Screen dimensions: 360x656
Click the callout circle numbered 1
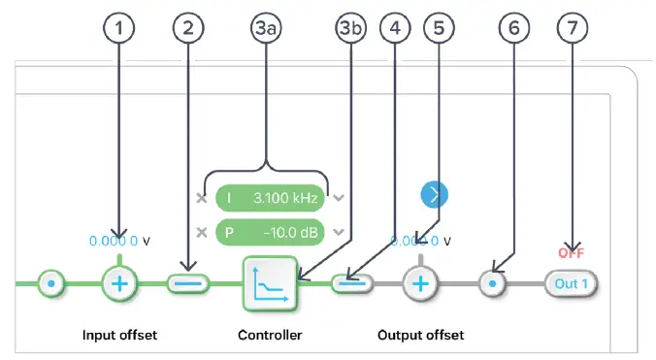point(119,29)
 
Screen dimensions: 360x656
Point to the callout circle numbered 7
point(574,29)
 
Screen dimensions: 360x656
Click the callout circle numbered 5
point(440,29)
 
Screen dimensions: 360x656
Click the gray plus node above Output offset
point(420,283)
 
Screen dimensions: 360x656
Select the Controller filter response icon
point(270,283)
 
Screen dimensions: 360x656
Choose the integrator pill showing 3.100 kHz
point(269,198)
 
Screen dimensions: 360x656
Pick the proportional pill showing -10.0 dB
point(269,233)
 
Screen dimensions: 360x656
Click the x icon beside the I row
point(201,198)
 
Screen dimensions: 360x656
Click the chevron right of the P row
point(338,233)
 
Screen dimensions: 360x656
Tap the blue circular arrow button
point(435,194)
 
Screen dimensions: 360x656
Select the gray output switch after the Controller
point(352,283)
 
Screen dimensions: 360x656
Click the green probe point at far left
point(50,283)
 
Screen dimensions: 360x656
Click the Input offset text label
point(120,335)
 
